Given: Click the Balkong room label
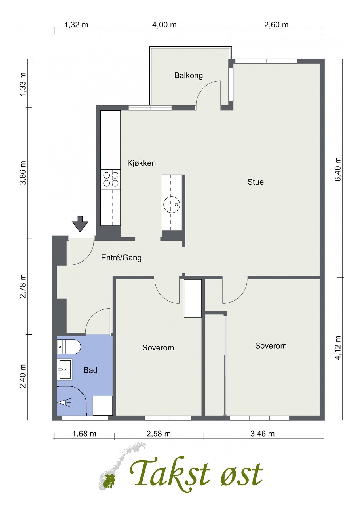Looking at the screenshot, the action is [x=189, y=76].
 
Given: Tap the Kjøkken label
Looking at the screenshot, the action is [x=142, y=163].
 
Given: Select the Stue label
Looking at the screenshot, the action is [x=256, y=182].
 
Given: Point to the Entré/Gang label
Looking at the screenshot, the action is [x=121, y=258].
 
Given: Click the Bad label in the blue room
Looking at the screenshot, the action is [x=90, y=370].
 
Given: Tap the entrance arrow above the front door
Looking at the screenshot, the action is [x=80, y=224].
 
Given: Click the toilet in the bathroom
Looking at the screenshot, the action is [x=69, y=347].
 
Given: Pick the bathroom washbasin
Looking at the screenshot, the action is [x=64, y=369].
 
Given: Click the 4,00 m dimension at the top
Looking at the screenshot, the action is [x=164, y=25].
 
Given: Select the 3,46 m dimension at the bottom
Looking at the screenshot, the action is [x=263, y=433].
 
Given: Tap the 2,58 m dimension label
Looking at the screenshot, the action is [x=159, y=433].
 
